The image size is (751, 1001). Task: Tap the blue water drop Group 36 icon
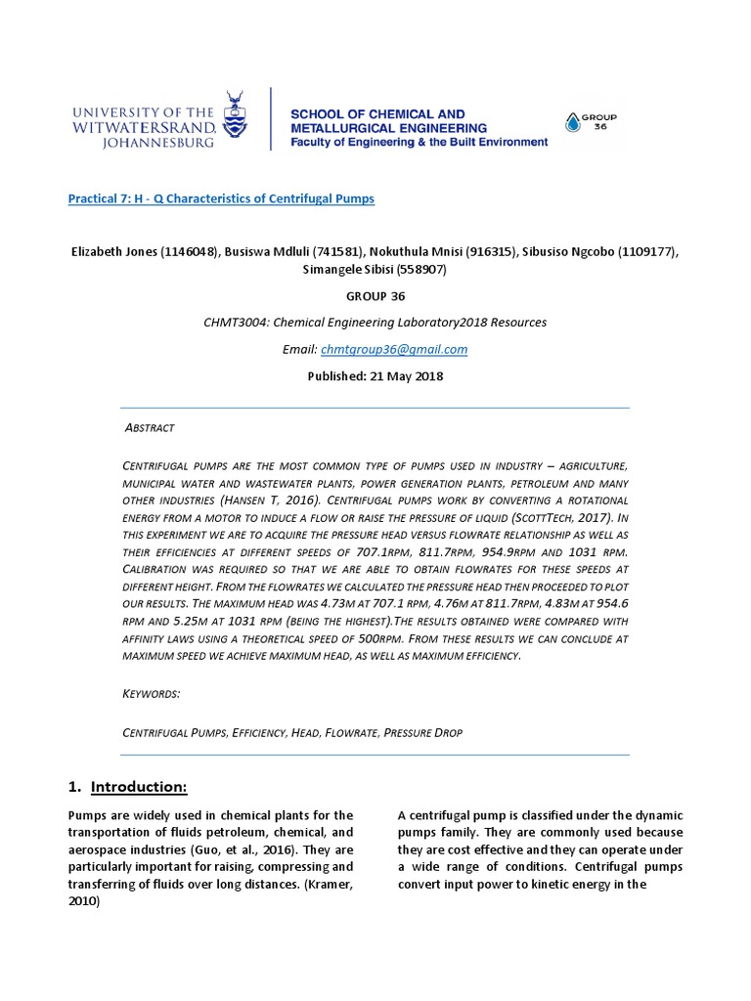573,122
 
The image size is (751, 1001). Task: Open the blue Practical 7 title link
221,198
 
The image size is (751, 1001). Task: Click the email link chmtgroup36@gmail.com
415,349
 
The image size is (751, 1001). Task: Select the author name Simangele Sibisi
346,269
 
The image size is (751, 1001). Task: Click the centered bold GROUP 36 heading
375,296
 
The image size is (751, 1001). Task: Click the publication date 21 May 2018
404,376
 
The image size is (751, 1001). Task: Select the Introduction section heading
138,787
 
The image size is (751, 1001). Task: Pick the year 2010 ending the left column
83,902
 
